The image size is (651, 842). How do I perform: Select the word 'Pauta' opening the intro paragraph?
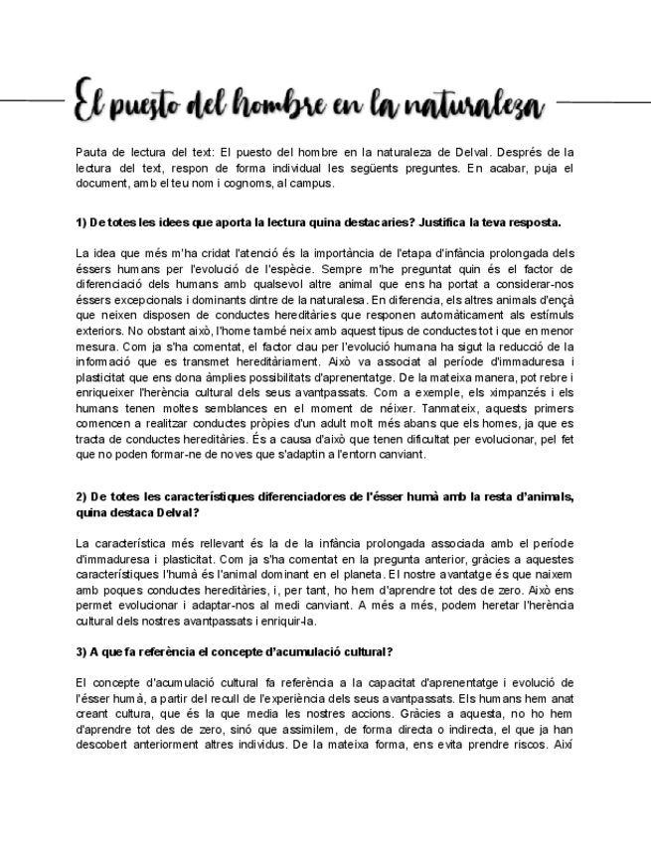(91, 153)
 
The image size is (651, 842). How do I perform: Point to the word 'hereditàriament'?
(286, 362)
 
